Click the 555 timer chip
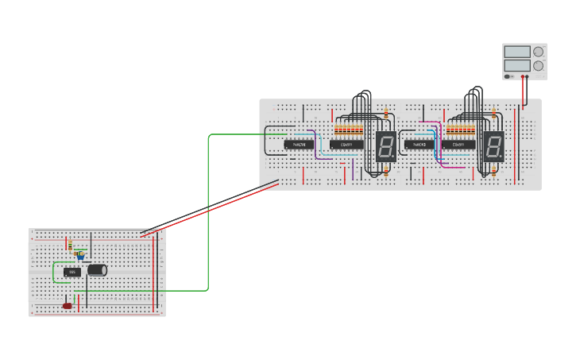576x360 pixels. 72,272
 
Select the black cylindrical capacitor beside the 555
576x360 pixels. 97,270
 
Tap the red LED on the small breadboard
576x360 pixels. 68,305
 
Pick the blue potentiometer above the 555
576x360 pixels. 80,256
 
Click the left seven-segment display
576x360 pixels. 386,145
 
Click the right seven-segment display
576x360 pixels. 493,145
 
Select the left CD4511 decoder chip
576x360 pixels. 346,145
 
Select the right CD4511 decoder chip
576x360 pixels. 458,145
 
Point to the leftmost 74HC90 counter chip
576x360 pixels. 298,145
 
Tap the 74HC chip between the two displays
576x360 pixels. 419,145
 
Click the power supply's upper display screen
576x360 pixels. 516,52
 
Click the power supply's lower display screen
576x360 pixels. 516,66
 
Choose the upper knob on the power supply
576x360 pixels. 539,52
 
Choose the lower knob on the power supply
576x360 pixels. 539,66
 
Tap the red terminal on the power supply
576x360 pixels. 523,77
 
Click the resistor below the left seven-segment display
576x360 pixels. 386,171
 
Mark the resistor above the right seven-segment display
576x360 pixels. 493,114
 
